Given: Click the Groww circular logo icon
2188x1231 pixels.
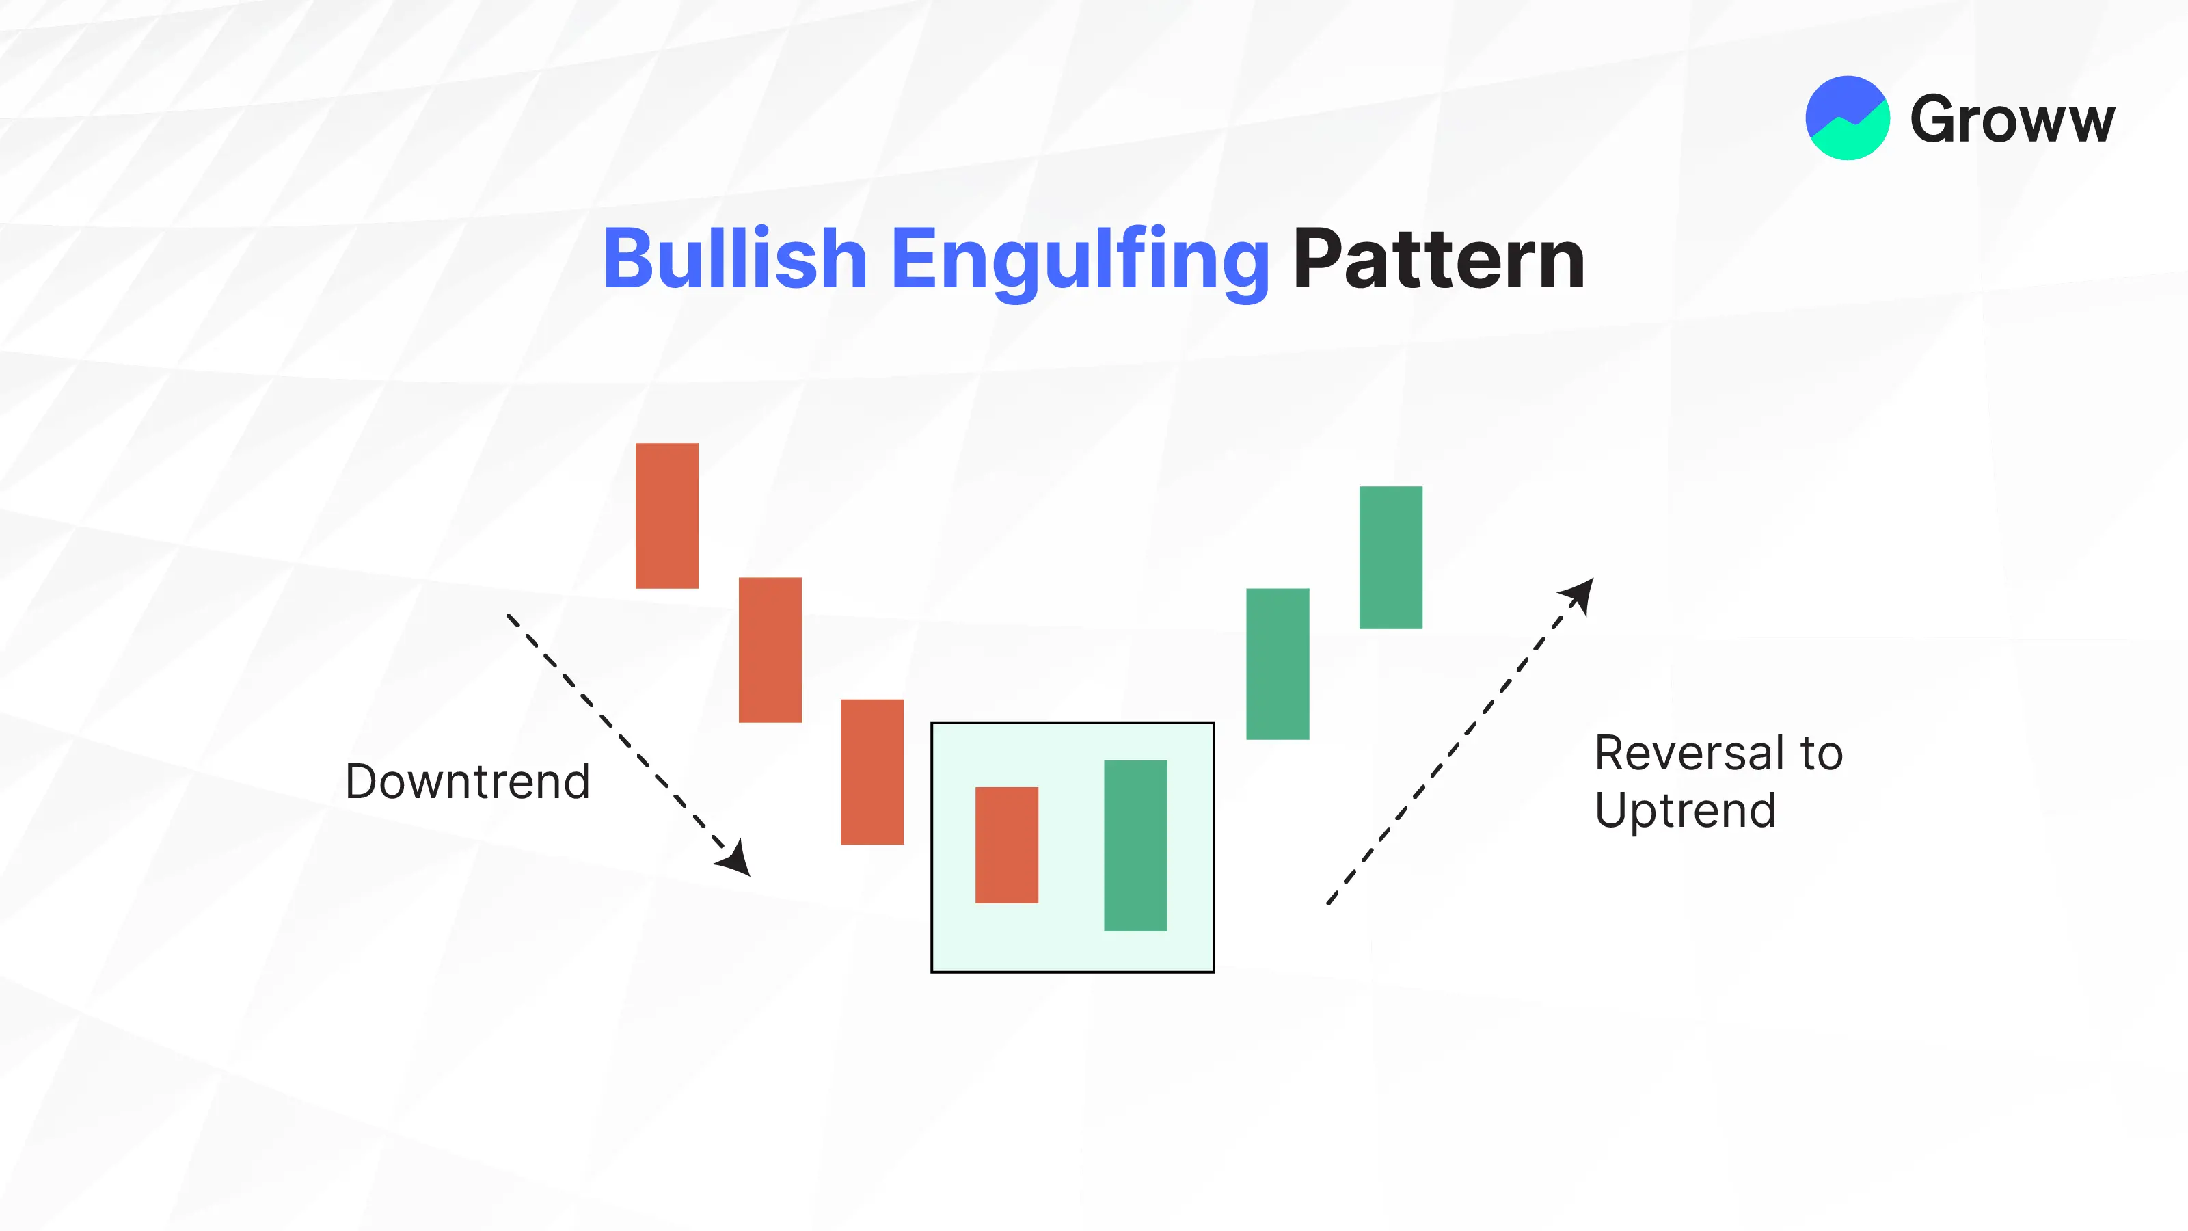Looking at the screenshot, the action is (x=1848, y=118).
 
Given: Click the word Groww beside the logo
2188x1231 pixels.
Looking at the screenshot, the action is (x=2012, y=120).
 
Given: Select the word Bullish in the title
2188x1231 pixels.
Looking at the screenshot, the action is (x=735, y=259).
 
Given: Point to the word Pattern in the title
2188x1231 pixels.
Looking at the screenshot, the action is (x=1439, y=259).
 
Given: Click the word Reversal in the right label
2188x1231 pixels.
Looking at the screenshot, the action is (x=1690, y=753).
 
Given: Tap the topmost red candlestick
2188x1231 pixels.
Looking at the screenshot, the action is (x=666, y=516).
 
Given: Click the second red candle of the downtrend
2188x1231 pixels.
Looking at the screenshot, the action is (x=770, y=650).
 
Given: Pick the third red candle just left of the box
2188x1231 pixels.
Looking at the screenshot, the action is (x=872, y=772).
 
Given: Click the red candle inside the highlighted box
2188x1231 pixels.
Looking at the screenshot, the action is (x=1007, y=845).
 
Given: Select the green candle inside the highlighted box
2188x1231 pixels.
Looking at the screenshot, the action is (x=1135, y=846).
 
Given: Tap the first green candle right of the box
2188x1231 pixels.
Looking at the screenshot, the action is (x=1278, y=664).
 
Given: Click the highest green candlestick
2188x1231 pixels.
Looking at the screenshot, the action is (x=1390, y=557).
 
